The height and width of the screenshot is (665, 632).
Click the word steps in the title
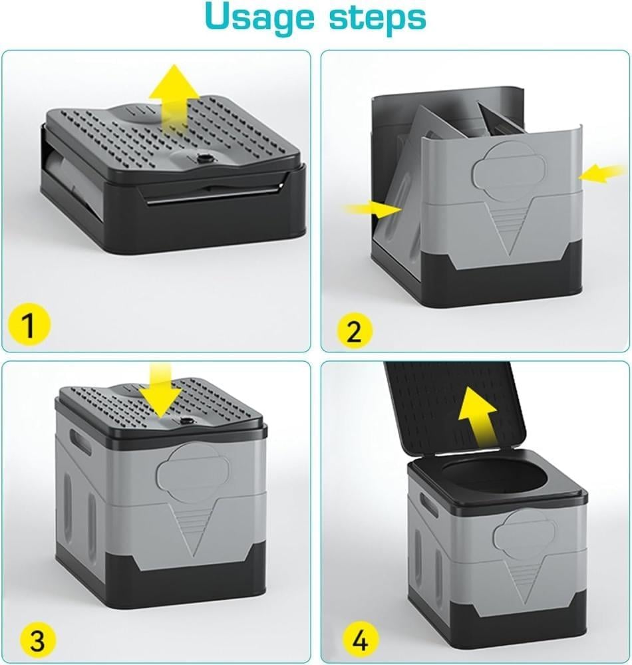(x=377, y=17)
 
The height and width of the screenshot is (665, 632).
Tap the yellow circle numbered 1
(x=29, y=325)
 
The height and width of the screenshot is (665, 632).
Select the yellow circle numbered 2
(x=355, y=331)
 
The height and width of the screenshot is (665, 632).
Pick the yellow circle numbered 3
(x=38, y=639)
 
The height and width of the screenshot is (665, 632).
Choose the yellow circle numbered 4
(x=360, y=638)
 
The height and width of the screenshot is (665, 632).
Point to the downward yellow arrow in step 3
(x=161, y=392)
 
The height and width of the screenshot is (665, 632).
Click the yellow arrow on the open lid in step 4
(x=476, y=416)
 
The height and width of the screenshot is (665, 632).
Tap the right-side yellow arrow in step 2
(x=603, y=173)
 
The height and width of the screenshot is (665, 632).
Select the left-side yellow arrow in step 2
(x=373, y=209)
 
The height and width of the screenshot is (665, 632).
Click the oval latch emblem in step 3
(x=193, y=471)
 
